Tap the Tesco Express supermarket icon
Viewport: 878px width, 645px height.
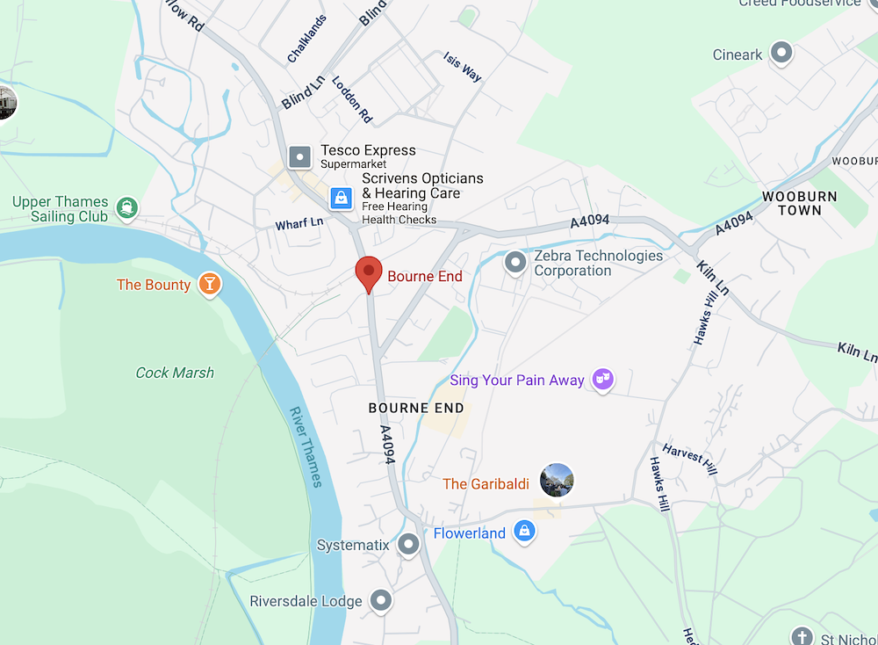pos(300,157)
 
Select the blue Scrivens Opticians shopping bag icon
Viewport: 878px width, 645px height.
pos(341,199)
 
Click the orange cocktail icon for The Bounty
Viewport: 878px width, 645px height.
pos(210,284)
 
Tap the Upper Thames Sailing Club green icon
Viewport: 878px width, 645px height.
pos(128,208)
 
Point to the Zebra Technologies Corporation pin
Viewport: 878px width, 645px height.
pos(515,262)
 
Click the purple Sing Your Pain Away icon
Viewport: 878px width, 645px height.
pos(602,380)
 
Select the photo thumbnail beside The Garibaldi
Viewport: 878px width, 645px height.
pos(557,481)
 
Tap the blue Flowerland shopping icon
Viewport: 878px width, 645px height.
pos(524,532)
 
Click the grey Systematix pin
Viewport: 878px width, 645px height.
pos(408,545)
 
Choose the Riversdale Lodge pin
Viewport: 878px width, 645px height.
pos(380,601)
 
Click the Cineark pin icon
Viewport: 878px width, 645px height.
pos(781,54)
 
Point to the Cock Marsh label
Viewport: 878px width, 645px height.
pos(175,373)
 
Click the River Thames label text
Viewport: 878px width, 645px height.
pos(306,446)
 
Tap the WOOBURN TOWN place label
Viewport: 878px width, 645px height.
pos(799,203)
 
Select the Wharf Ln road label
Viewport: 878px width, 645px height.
pos(299,223)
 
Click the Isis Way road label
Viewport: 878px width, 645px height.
pos(464,67)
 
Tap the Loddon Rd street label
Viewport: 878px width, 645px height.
pos(352,98)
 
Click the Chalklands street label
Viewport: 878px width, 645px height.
pos(306,39)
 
